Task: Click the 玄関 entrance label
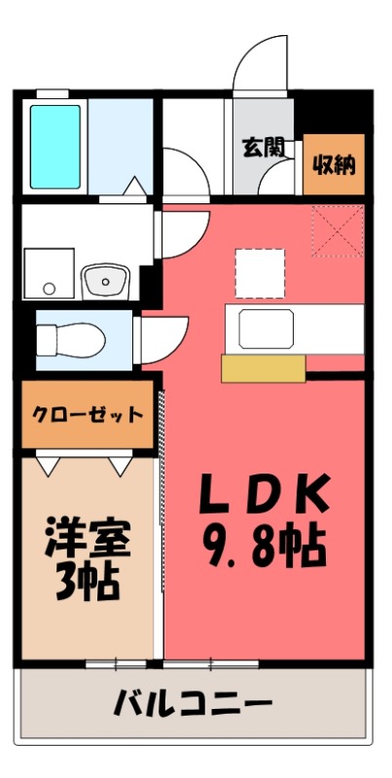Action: pyautogui.click(x=263, y=148)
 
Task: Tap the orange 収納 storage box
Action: pyautogui.click(x=333, y=164)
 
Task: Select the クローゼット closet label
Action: pyautogui.click(x=88, y=414)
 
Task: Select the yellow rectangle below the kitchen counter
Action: pyautogui.click(x=263, y=368)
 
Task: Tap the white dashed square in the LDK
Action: pyautogui.click(x=260, y=273)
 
